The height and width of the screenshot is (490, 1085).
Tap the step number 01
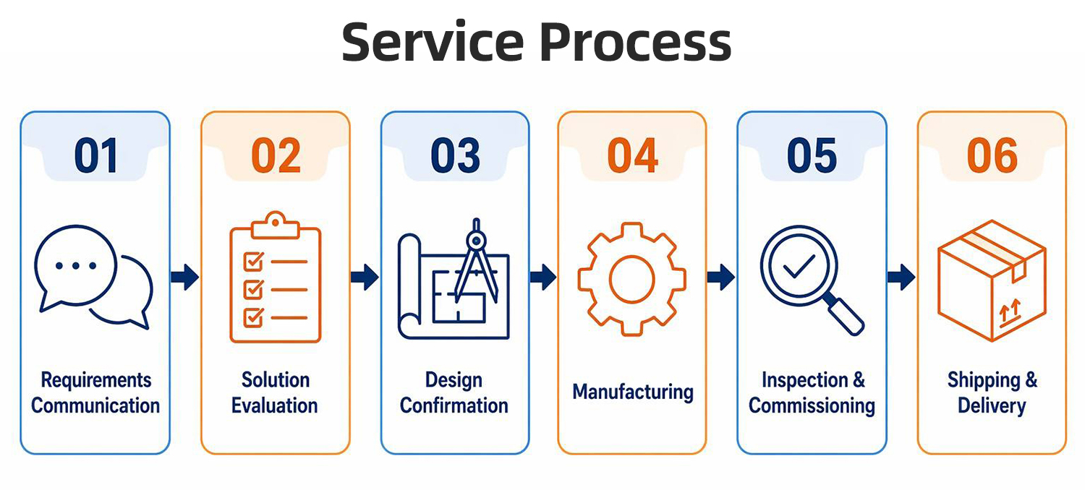click(96, 155)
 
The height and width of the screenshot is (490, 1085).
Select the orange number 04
click(633, 155)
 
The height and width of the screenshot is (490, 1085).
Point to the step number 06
click(992, 155)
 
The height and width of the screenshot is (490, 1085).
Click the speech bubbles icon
click(93, 277)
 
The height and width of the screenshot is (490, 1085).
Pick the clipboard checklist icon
click(275, 277)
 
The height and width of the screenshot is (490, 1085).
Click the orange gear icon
click(631, 280)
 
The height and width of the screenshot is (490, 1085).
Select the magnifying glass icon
click(812, 280)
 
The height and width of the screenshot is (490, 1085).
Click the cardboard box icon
click(992, 281)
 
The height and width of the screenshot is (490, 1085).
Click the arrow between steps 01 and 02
click(185, 277)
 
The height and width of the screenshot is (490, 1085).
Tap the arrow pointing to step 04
click(543, 277)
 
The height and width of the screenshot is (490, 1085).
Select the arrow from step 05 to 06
click(901, 277)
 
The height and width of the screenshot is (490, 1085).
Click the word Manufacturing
click(633, 392)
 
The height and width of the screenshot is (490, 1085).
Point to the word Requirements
click(96, 380)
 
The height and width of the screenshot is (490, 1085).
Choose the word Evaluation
click(275, 405)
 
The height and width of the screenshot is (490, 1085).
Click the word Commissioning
click(812, 406)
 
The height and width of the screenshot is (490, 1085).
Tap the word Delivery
click(992, 405)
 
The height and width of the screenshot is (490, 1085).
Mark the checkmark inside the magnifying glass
click(799, 266)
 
